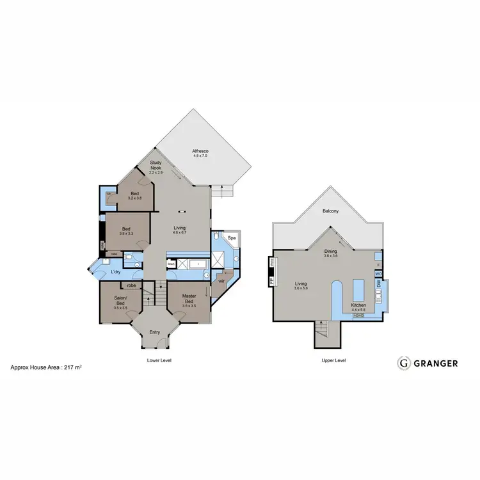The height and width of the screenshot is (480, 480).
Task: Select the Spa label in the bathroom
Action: [232, 239]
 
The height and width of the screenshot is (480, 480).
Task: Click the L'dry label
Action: [116, 273]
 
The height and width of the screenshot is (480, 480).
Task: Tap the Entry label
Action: [155, 332]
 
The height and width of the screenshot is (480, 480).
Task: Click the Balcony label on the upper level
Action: [330, 211]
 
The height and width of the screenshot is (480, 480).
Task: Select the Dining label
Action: [330, 252]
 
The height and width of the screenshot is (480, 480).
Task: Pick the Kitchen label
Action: [358, 305]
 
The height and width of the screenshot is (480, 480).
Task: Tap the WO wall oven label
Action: [378, 275]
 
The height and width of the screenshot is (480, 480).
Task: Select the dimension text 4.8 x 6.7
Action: [179, 232]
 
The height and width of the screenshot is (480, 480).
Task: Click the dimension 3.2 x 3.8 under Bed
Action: [135, 198]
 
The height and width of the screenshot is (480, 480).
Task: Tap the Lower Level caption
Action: [159, 361]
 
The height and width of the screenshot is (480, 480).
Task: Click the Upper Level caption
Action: [333, 361]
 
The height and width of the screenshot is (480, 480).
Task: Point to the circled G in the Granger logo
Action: [403, 363]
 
